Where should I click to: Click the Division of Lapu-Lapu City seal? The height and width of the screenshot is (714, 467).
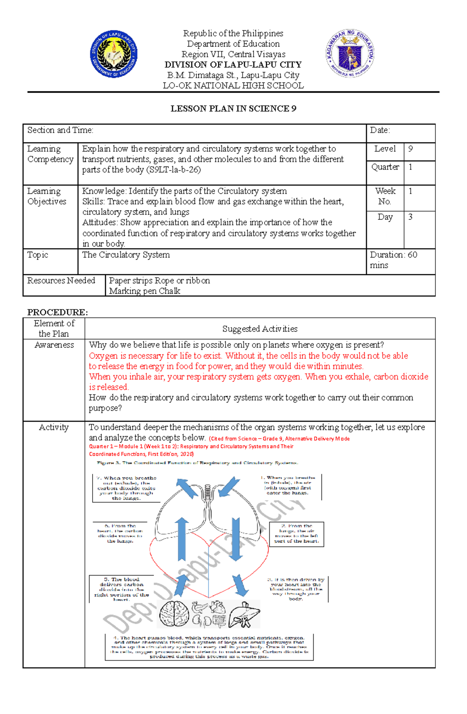tap(114, 54)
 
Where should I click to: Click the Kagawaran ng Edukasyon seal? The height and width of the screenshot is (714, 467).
tap(349, 54)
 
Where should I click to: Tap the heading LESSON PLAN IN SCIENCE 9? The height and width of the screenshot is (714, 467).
tap(233, 109)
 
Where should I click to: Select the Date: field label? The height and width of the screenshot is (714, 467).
tap(380, 130)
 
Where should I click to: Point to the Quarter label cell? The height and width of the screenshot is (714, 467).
tap(385, 167)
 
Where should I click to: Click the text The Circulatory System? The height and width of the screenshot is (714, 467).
tap(126, 255)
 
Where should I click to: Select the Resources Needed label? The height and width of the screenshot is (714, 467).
tap(61, 281)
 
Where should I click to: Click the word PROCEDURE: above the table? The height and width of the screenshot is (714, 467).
tap(57, 312)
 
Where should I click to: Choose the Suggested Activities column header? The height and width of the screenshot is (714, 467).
tap(260, 329)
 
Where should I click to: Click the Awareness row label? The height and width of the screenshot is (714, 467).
tap(54, 345)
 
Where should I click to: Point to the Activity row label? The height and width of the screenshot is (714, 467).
tap(54, 427)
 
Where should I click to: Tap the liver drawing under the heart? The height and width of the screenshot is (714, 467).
tap(244, 615)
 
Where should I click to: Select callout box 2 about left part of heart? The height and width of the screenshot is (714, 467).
tap(297, 534)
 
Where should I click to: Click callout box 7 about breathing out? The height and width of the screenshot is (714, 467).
tap(126, 488)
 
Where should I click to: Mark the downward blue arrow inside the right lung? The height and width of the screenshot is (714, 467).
tap(235, 539)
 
